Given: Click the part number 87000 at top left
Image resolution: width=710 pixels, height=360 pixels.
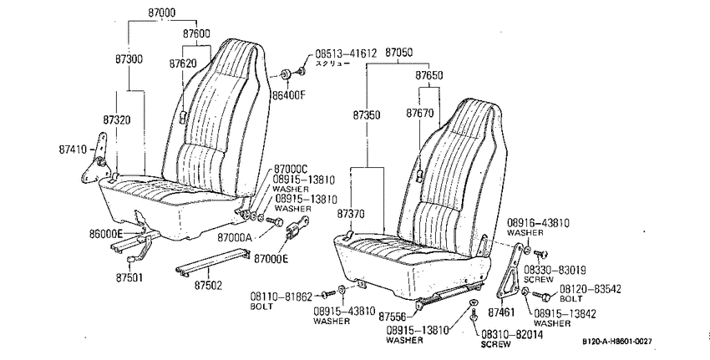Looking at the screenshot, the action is [162, 13].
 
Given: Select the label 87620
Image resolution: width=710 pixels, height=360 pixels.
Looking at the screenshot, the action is [184, 63].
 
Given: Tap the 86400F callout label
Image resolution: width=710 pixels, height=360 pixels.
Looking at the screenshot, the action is [289, 95].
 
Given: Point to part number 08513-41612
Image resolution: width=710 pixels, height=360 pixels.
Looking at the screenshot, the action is [346, 53].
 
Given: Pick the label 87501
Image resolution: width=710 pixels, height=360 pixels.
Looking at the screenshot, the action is [129, 277].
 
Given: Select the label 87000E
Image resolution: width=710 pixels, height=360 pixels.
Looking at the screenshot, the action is [271, 259].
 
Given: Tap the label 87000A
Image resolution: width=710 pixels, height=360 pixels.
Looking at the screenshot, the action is [235, 237].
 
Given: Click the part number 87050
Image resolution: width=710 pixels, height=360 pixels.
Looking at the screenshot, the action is [399, 53].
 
